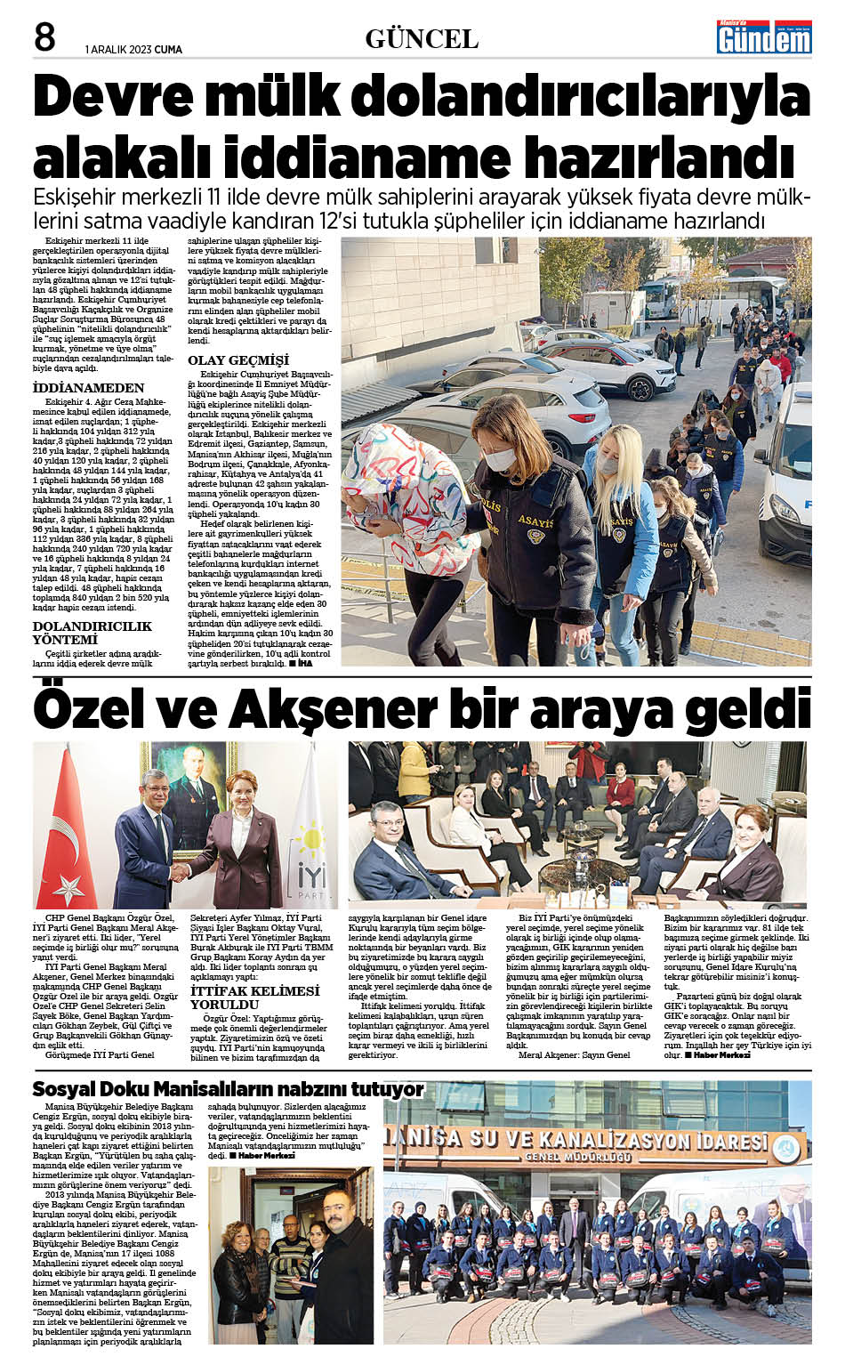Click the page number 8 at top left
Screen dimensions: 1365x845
click(44, 38)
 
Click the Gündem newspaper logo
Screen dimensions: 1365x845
click(764, 36)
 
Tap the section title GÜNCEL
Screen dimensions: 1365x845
click(422, 39)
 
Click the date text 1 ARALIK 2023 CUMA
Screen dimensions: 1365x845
click(133, 50)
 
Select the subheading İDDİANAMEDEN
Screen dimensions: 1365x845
click(88, 388)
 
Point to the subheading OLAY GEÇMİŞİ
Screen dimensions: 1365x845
click(238, 359)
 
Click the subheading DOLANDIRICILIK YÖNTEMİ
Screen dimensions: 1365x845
click(92, 633)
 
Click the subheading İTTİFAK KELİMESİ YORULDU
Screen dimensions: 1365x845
click(254, 997)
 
